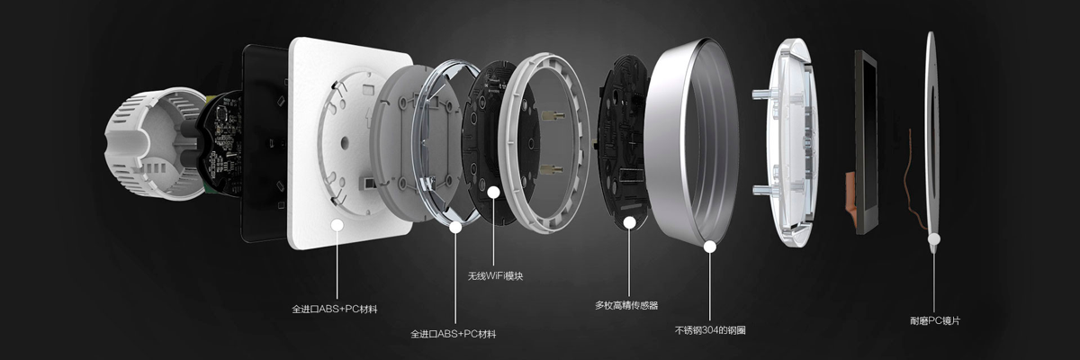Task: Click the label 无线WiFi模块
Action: (x=495, y=276)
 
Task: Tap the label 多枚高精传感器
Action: (x=626, y=305)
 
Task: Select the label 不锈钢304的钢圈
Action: (x=710, y=330)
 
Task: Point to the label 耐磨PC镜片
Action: (x=935, y=321)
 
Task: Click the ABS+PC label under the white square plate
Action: (x=334, y=310)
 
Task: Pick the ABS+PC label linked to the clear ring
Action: (x=454, y=334)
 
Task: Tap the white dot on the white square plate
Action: (x=337, y=225)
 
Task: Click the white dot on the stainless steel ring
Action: (x=710, y=247)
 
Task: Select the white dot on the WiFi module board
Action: (x=493, y=193)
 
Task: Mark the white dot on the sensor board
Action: (x=629, y=222)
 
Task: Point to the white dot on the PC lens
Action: (x=934, y=238)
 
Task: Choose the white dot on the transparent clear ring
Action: (x=455, y=227)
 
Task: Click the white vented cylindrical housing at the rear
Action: (x=152, y=143)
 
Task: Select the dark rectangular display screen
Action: (x=866, y=142)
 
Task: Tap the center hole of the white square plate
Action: (x=345, y=142)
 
